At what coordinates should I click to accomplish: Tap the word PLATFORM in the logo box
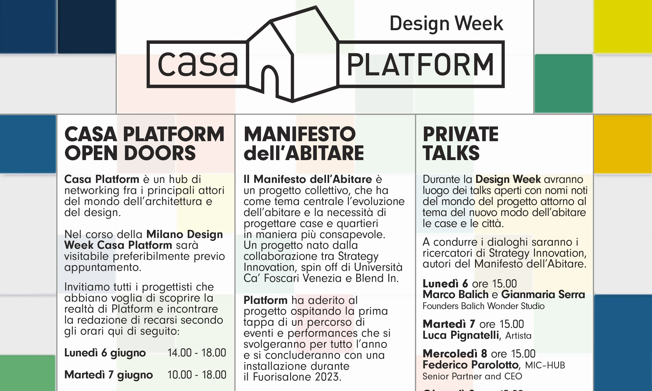point(420,65)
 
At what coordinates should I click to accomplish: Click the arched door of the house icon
point(270,79)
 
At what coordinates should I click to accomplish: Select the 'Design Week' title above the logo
point(446,23)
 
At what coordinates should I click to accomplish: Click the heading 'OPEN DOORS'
point(130,153)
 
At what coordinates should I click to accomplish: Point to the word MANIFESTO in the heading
point(300,134)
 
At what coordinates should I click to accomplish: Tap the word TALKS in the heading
point(451,153)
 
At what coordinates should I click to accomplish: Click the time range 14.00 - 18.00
point(197,352)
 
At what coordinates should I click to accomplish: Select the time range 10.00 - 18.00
point(197,375)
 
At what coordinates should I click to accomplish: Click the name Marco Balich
point(456,294)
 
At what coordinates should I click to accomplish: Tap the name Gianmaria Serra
point(543,294)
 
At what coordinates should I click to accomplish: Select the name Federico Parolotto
point(471,365)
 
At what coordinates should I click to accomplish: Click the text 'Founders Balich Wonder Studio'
point(483,306)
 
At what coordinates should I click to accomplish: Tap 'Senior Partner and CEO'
point(472,376)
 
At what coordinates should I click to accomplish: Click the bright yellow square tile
point(623,26)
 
